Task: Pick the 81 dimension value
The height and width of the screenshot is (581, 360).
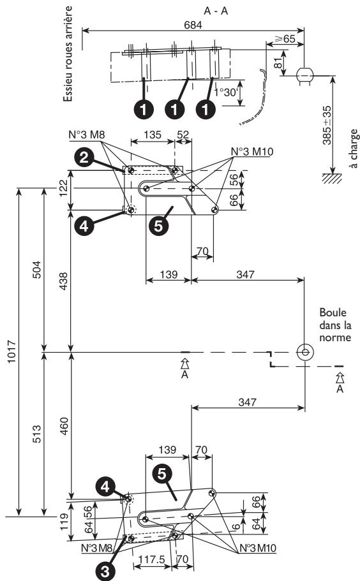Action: coord(276,62)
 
